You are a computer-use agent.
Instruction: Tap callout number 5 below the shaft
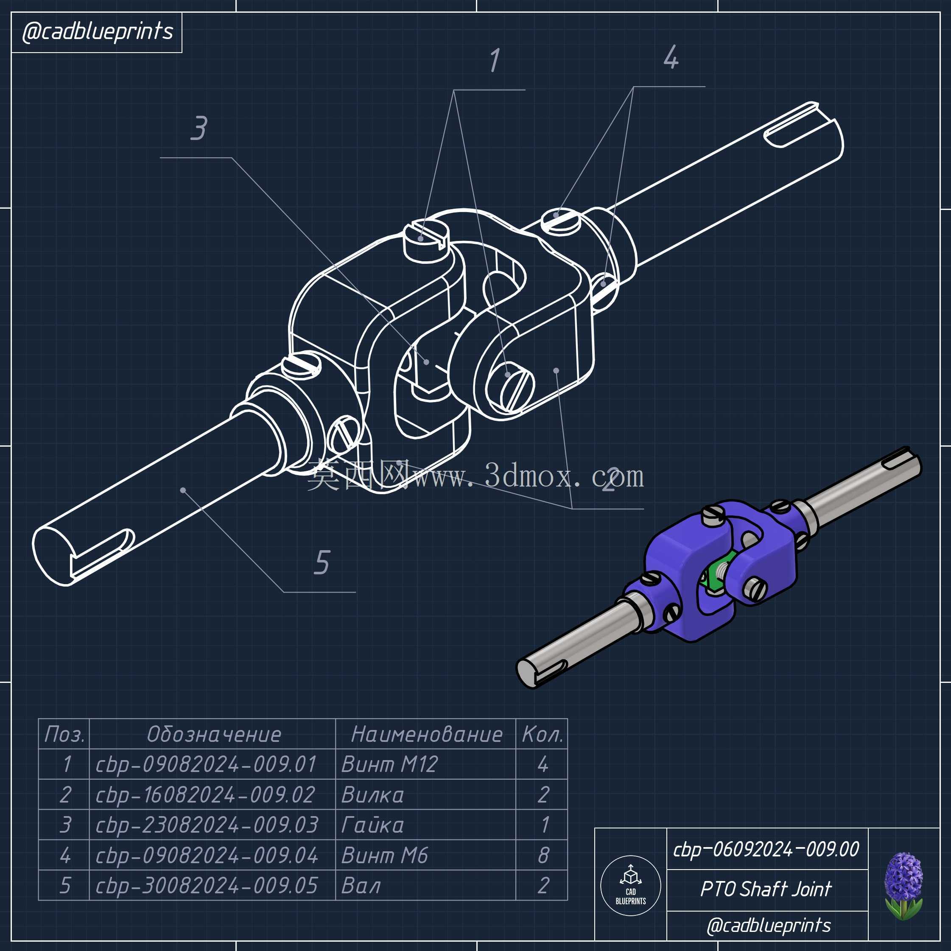(322, 562)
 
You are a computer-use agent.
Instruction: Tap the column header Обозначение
(214, 734)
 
